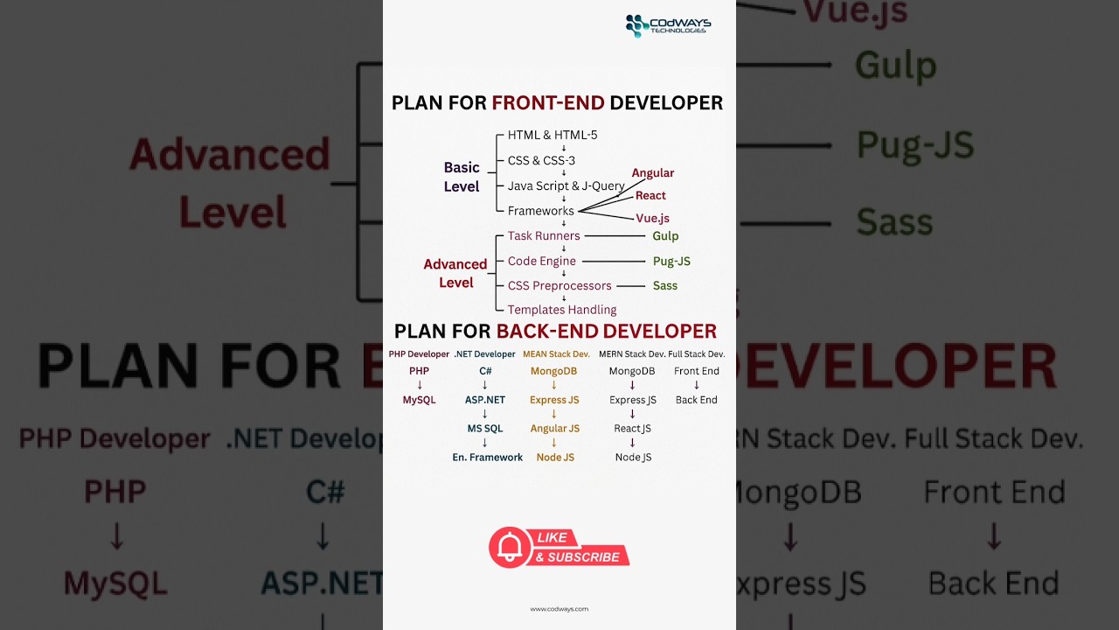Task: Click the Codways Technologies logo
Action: (668, 26)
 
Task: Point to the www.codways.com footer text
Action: (559, 609)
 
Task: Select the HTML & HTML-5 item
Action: (553, 136)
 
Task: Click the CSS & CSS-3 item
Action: (541, 161)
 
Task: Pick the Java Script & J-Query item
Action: (566, 185)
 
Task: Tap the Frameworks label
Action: (540, 211)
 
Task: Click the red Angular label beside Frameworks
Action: (653, 173)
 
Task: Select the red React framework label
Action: (650, 196)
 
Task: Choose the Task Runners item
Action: (544, 236)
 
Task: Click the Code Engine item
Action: (541, 261)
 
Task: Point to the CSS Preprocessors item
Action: (559, 285)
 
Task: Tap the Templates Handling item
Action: (562, 310)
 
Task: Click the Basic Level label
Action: (462, 177)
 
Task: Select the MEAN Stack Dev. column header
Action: (556, 354)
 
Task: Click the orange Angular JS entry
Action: (554, 429)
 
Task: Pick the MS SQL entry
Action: (485, 429)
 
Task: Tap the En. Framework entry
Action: (487, 458)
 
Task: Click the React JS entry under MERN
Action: (632, 429)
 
